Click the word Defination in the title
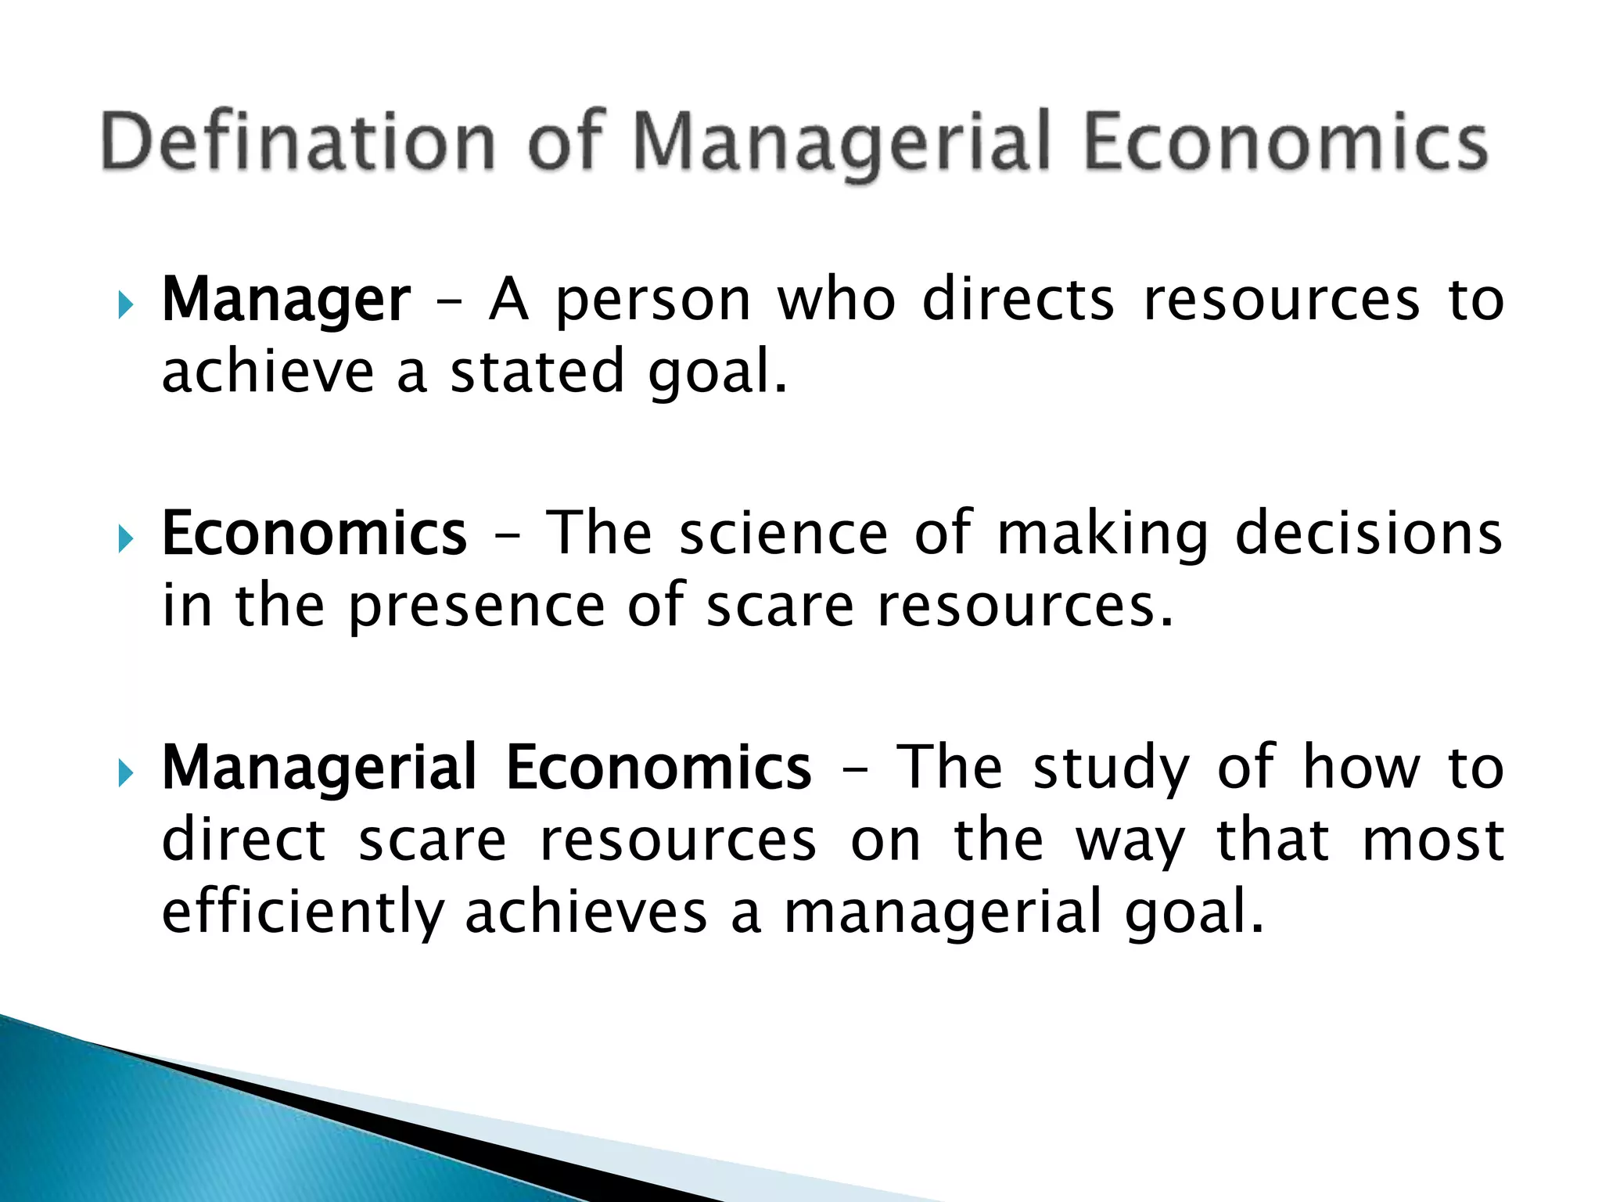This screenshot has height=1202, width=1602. [x=298, y=142]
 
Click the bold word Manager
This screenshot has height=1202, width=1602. [x=286, y=301]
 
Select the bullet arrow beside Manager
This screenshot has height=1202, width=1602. [x=125, y=304]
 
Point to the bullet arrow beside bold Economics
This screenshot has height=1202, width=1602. [x=125, y=538]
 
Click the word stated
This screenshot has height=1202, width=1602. [x=537, y=372]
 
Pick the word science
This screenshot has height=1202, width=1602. [x=783, y=534]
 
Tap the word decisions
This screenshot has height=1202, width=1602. [x=1368, y=534]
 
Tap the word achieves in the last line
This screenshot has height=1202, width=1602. [x=586, y=912]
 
